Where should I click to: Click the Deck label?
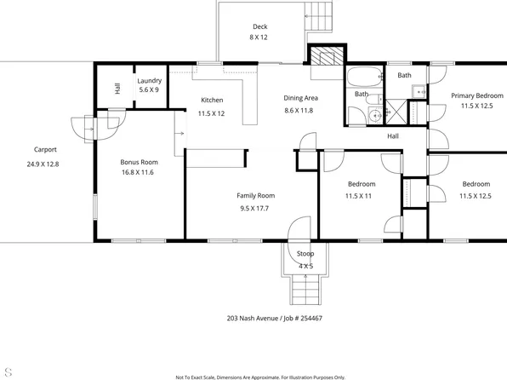coord(258,26)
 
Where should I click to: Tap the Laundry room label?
coord(149,81)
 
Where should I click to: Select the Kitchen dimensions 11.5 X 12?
coord(211,113)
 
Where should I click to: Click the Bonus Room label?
coord(139,161)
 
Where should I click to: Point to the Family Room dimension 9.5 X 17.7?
coord(255,207)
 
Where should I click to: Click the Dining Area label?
coord(300,98)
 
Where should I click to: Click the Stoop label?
coord(305,254)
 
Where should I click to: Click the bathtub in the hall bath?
coord(366,77)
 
